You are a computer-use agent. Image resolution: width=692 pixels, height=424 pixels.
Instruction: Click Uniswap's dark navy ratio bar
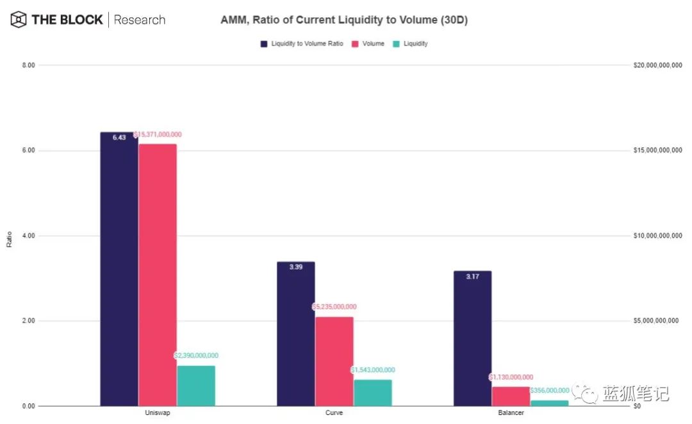[119, 269]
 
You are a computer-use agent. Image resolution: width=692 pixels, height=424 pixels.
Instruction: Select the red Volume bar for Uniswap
[158, 275]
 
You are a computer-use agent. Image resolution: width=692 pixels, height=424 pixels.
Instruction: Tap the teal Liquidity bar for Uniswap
[196, 386]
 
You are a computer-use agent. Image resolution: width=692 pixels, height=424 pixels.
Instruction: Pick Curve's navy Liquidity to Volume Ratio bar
[295, 334]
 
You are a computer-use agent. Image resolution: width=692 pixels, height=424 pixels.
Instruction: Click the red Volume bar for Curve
[334, 361]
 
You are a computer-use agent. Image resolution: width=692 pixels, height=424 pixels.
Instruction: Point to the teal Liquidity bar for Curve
[372, 393]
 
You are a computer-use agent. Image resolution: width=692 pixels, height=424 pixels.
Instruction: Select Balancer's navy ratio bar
[472, 338]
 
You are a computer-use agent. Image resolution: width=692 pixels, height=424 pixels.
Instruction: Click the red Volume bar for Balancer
[511, 396]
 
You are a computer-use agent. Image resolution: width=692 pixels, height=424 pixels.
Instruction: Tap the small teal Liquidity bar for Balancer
[549, 403]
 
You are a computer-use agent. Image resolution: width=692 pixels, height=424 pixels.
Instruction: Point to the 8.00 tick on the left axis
[28, 65]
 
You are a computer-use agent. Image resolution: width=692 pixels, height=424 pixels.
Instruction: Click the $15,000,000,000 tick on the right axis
[657, 151]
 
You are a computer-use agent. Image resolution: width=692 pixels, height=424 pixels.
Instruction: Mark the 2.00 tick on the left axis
[28, 321]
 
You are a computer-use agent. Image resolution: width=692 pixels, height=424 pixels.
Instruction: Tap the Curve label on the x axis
[334, 413]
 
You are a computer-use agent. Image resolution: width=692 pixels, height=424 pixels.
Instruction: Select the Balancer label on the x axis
[511, 413]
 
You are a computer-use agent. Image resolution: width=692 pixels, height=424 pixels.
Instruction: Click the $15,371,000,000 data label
[158, 135]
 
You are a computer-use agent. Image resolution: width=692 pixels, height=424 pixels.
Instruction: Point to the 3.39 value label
[295, 267]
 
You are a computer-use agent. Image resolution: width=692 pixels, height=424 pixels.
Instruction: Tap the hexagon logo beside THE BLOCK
[19, 20]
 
